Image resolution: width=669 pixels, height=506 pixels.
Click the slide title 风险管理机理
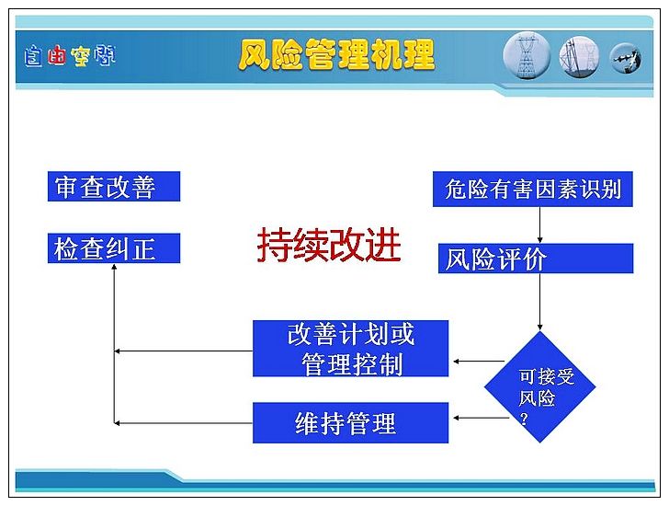[336, 54]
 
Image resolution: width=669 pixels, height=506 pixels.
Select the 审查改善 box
[114, 186]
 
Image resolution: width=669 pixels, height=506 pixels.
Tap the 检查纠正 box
[114, 248]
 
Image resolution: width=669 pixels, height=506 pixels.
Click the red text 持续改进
[329, 245]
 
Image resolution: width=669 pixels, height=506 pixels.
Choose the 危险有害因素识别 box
[532, 190]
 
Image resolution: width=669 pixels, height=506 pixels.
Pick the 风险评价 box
[536, 259]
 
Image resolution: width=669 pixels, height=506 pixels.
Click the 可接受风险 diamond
[540, 387]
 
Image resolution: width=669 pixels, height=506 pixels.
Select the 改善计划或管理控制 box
[350, 349]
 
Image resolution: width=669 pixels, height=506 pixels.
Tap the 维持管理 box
[350, 422]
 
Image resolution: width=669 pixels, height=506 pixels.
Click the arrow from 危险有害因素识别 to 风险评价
[539, 225]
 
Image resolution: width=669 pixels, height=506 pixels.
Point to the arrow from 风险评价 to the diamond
[539, 303]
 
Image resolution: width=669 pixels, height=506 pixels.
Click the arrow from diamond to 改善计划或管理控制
[479, 362]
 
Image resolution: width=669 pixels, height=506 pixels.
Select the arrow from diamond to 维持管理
[481, 418]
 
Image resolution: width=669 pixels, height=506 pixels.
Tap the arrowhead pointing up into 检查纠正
[114, 267]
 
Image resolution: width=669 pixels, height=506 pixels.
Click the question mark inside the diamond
[524, 419]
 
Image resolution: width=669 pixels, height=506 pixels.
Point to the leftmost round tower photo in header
[527, 56]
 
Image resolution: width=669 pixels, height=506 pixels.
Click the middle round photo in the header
[579, 57]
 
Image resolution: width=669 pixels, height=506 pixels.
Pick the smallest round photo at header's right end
[626, 59]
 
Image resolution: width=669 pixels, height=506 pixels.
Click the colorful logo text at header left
[70, 56]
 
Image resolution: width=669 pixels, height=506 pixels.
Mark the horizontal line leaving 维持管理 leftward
[184, 423]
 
